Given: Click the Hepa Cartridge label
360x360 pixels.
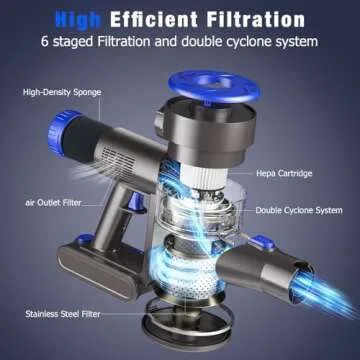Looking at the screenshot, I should [x=284, y=173].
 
